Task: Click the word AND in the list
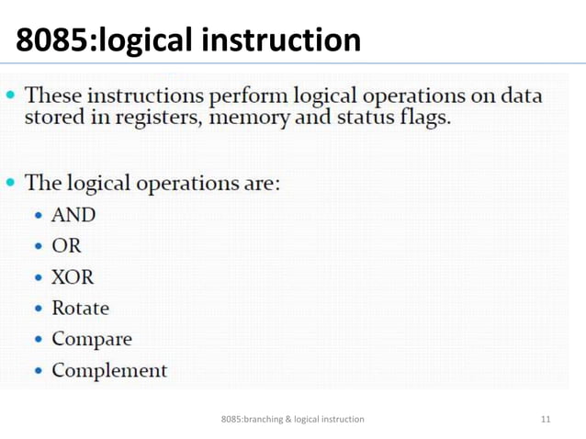click(73, 215)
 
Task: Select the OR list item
click(66, 246)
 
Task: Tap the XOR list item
click(73, 277)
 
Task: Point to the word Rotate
click(80, 309)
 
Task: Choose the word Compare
click(92, 339)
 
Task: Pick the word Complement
click(109, 371)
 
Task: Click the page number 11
click(547, 420)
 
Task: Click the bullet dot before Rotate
click(39, 310)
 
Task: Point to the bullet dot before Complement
click(39, 372)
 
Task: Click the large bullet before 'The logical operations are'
click(11, 183)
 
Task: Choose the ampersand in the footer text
click(288, 420)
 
